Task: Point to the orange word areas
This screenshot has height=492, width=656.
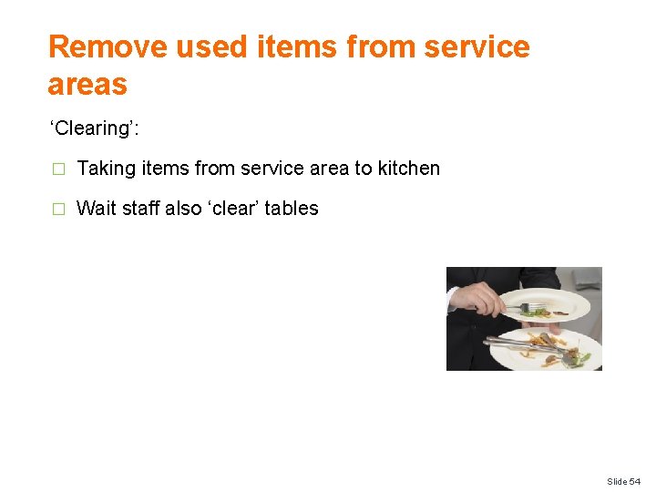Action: (x=87, y=85)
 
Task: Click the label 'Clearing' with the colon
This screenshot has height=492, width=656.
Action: (x=94, y=128)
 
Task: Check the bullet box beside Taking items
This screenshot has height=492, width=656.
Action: (x=58, y=169)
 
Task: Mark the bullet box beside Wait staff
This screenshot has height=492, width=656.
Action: (x=58, y=209)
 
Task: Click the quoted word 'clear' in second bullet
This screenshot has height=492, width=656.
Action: (x=235, y=209)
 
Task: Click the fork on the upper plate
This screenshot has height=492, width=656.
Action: (x=528, y=308)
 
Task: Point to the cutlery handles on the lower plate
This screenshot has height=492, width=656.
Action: (x=515, y=344)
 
